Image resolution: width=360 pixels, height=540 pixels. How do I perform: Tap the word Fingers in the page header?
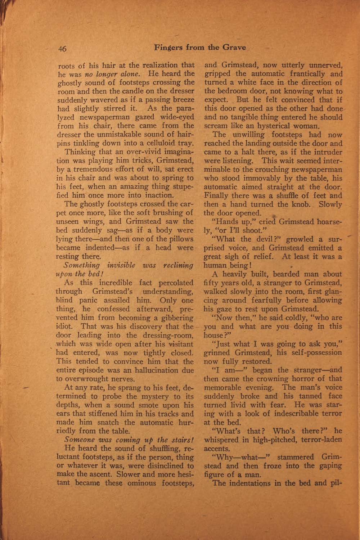pos(168,48)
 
